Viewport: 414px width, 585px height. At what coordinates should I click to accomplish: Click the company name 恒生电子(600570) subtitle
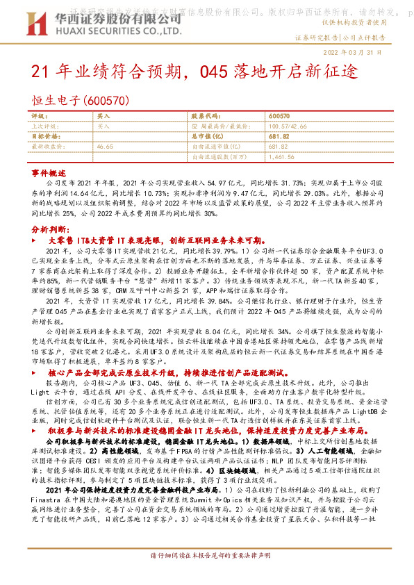coord(80,101)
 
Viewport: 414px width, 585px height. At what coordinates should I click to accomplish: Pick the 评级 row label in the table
coord(39,117)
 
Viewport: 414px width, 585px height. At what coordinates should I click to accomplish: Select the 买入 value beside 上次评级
coord(104,126)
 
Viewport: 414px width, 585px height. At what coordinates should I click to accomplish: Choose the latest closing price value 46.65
coord(105,147)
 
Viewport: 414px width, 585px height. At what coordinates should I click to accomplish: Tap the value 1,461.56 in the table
coord(281,157)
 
